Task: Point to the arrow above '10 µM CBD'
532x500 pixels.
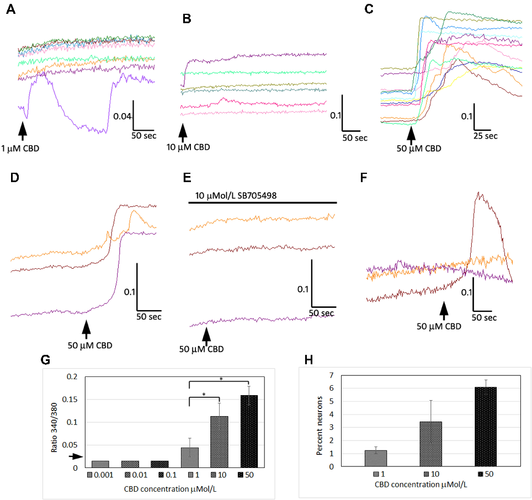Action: [x=183, y=132]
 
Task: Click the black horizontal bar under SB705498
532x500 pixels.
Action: [x=263, y=203]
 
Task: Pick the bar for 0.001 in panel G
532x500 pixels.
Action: [x=100, y=464]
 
